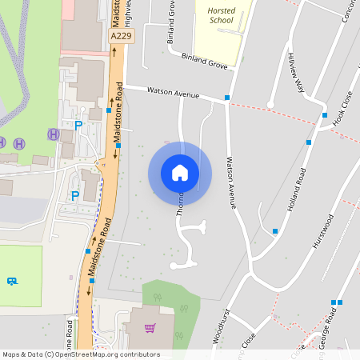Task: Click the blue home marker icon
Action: [180, 173]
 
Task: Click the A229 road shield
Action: [122, 36]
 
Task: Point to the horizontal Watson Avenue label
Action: [172, 93]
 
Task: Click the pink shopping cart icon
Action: [150, 327]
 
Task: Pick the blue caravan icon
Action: [12, 282]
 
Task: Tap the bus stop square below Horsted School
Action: [227, 98]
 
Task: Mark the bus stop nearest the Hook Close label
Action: [325, 115]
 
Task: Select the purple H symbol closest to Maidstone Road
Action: [53, 134]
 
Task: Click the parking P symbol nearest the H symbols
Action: [78, 125]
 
